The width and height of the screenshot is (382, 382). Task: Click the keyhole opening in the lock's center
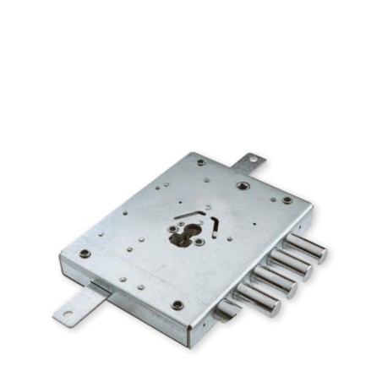tap(184, 237)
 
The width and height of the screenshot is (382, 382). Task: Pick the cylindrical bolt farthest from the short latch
tap(306, 248)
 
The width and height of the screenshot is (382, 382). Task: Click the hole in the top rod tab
tap(251, 160)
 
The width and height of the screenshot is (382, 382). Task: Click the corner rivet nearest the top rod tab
tap(201, 162)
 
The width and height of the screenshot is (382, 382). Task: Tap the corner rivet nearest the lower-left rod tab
tap(85, 253)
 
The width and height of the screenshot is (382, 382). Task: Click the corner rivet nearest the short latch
tap(177, 304)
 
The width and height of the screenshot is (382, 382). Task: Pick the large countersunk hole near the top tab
tap(243, 185)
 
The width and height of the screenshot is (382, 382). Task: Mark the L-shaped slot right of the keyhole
tap(215, 225)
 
